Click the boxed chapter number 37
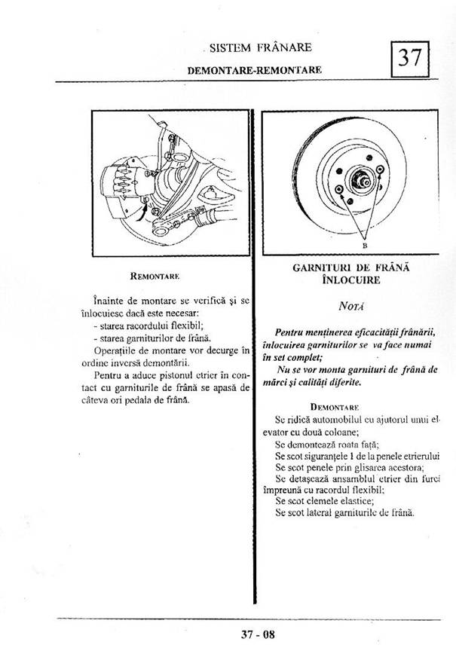click(x=409, y=57)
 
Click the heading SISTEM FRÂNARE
click(x=260, y=47)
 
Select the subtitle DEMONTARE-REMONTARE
click(x=254, y=69)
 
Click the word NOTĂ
click(x=349, y=307)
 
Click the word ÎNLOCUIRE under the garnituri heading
click(x=350, y=280)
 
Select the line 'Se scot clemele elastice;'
click(x=320, y=500)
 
